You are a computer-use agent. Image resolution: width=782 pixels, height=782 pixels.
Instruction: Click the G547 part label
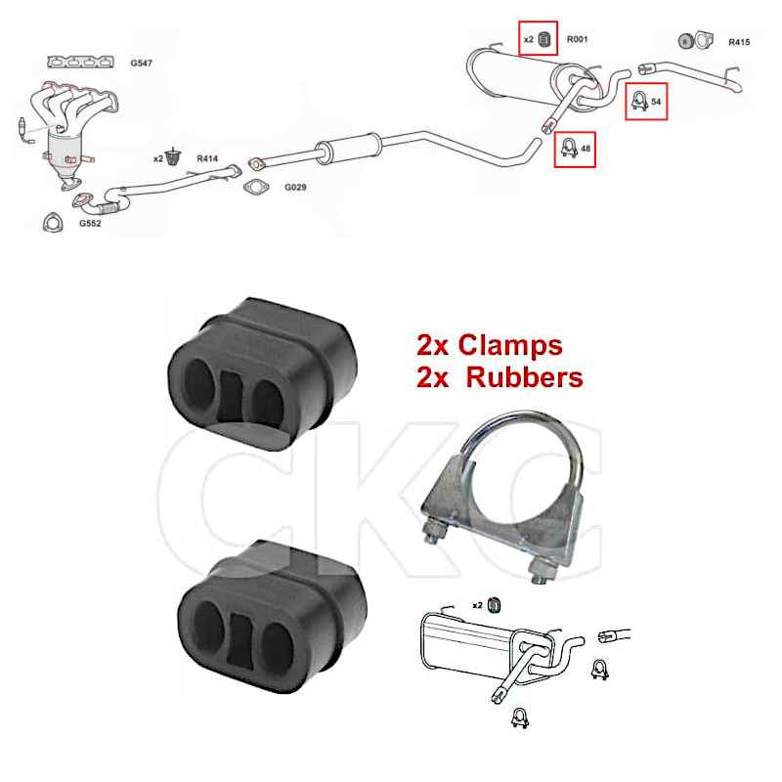(x=142, y=63)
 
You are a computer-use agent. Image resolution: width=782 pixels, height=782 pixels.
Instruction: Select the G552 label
(x=90, y=223)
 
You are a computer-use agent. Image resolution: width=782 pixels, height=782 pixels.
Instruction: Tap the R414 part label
(x=208, y=157)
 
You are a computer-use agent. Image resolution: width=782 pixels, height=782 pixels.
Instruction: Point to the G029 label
(x=295, y=187)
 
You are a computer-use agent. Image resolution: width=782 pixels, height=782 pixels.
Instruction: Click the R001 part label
(x=578, y=40)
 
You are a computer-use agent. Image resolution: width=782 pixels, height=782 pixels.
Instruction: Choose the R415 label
(x=739, y=42)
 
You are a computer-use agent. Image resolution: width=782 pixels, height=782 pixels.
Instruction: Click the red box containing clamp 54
(x=646, y=100)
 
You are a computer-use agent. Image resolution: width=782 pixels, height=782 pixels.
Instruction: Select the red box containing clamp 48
(x=575, y=148)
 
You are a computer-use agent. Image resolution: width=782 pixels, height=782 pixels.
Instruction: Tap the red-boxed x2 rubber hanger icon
(x=538, y=39)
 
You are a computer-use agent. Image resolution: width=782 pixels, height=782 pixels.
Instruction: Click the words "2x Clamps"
(x=489, y=345)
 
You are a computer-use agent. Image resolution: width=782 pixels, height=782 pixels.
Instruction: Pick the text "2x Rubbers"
(x=500, y=376)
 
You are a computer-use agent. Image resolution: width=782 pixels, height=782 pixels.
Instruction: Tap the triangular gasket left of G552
(x=50, y=221)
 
